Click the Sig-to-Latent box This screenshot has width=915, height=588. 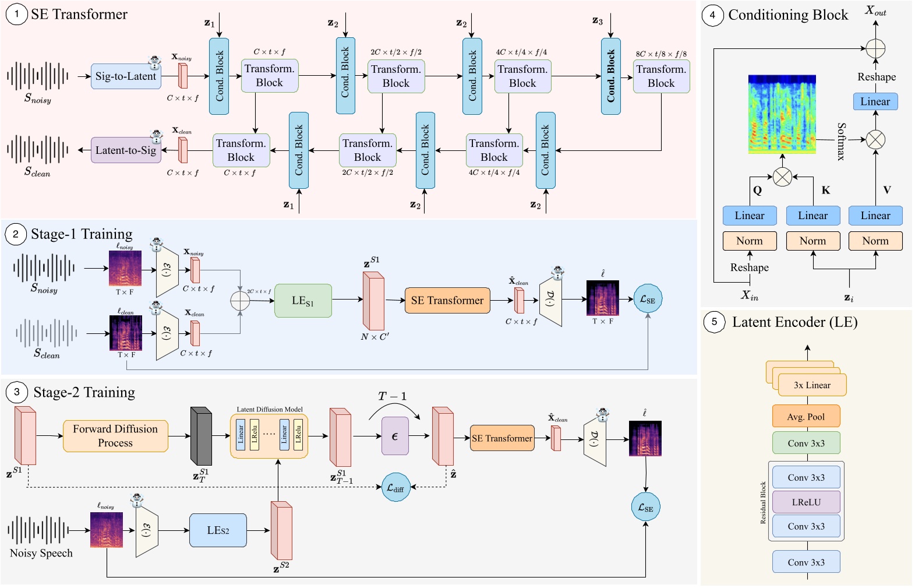pos(126,76)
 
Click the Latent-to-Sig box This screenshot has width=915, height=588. pos(126,150)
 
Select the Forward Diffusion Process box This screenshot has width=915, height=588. pos(115,436)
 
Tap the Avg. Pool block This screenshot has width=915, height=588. pos(806,417)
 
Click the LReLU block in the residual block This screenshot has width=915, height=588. pos(806,502)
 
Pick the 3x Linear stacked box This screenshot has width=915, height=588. pos(812,385)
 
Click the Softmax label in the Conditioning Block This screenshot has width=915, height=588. pos(841,141)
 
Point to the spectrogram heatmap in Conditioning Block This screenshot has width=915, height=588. pos(782,114)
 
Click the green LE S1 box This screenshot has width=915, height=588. pos(303,301)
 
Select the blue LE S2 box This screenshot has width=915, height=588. pos(218,530)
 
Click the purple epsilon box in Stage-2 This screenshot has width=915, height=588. pos(395,436)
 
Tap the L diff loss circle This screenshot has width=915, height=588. pos(395,488)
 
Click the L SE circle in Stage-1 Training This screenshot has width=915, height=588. pos(648,300)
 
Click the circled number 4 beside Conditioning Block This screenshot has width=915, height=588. pos(712,15)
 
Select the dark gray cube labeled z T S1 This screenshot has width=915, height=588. pos(201,436)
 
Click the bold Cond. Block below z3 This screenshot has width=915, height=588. pos(610,76)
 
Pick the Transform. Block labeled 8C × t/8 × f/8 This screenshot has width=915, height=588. pos(661,76)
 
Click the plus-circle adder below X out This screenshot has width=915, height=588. pos(875,48)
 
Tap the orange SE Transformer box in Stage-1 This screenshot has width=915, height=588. pos(447,301)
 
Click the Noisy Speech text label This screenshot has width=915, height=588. pos(41,553)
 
